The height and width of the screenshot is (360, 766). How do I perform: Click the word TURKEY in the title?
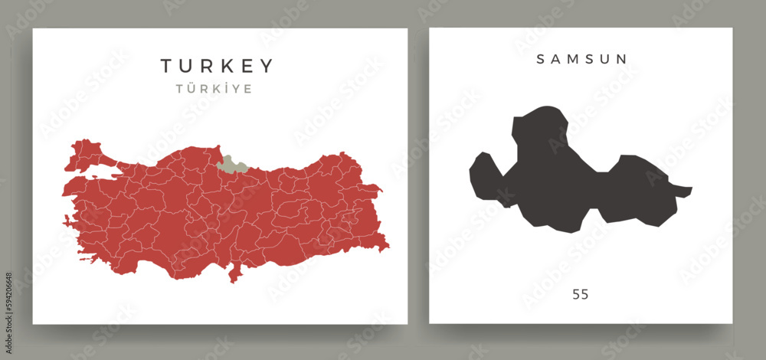pos(216,66)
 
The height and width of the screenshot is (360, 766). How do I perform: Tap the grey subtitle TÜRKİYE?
pos(216,89)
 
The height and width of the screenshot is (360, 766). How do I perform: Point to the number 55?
pos(580,294)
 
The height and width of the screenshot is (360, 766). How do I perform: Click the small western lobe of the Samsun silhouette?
pos(483,176)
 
